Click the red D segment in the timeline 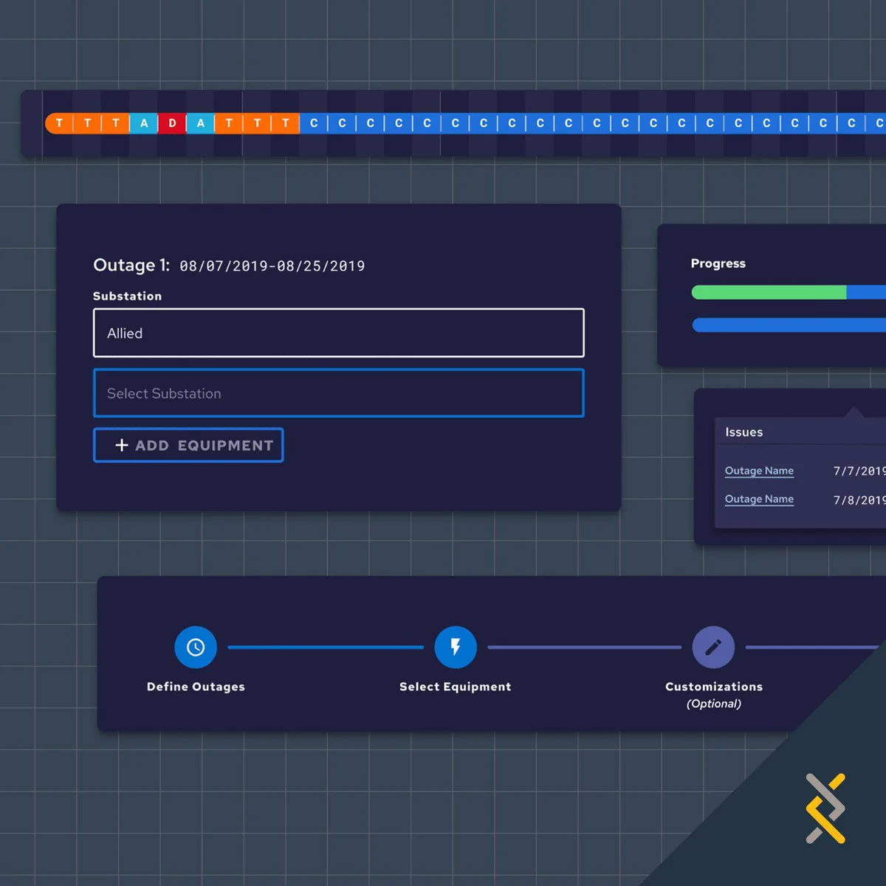coord(172,123)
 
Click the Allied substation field coord(338,333)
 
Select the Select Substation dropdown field coord(338,393)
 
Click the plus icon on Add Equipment coord(121,445)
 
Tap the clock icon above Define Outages coord(196,647)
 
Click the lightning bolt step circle coord(456,647)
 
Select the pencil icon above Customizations coord(713,647)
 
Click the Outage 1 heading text coord(131,265)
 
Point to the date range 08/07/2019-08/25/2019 coord(272,267)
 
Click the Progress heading coord(718,264)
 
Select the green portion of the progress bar coord(769,292)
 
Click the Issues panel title coord(744,432)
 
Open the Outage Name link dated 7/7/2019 coord(759,471)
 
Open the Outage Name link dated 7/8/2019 coord(759,499)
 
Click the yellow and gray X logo coord(825,808)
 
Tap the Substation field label coord(127,296)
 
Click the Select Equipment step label coord(456,687)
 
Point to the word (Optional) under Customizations coord(713,704)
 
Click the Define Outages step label coord(196,687)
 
